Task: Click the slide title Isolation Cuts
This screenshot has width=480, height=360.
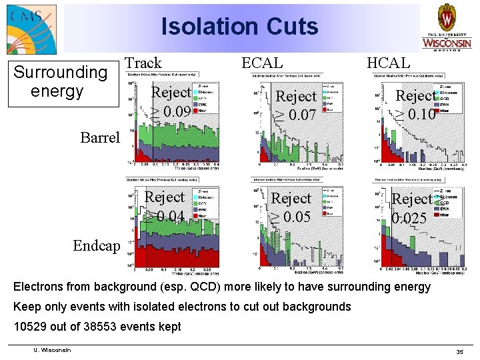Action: point(240,27)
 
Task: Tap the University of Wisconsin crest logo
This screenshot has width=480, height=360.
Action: point(446,27)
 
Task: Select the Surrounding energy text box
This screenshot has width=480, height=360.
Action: point(61,81)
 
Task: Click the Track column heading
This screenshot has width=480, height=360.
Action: point(143,63)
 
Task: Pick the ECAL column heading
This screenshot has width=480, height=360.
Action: point(261,63)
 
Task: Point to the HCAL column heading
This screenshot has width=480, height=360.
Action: point(389,63)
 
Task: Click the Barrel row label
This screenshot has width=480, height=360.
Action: point(100,137)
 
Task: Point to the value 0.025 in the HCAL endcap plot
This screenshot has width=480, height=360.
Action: point(409,218)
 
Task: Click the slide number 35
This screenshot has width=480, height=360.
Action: point(459,351)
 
